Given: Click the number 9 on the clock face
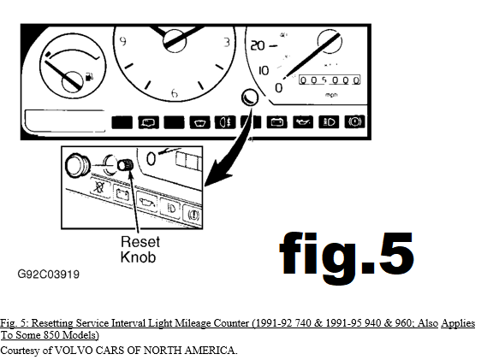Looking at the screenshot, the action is point(123,41).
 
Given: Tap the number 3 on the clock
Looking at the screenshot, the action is point(227,43).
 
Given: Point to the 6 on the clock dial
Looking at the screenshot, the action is point(175,93).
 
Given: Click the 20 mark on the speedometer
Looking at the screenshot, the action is point(258,46).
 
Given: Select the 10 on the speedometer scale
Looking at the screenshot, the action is point(264,70).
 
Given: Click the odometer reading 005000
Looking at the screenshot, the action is point(330,80).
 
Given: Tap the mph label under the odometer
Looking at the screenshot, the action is point(331,94).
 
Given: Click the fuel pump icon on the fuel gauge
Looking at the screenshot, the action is point(90,76).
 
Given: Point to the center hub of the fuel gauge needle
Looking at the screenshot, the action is point(72,81).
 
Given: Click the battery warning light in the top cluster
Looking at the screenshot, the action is point(276,122).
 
